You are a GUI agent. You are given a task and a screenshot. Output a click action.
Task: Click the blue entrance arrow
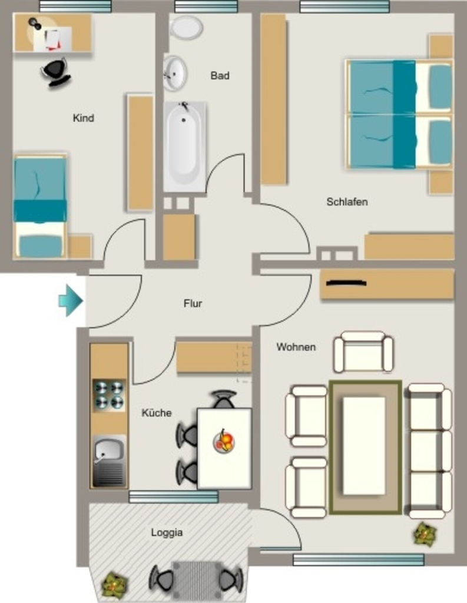[x=71, y=301]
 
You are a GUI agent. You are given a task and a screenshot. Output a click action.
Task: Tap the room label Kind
[x=84, y=118]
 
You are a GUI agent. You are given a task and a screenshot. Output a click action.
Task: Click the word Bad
[x=220, y=75]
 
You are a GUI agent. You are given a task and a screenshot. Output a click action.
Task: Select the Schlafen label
[x=347, y=201]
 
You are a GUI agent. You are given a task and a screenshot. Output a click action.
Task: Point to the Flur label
[x=193, y=303]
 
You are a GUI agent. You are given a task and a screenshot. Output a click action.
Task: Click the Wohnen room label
[x=296, y=347]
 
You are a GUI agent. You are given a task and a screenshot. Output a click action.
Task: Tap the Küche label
[x=156, y=413]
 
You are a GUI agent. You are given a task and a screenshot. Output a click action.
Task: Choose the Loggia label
[x=167, y=532]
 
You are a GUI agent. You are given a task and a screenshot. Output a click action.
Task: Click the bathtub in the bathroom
[x=184, y=147]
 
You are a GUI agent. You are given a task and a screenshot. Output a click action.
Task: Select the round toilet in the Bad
[x=186, y=27]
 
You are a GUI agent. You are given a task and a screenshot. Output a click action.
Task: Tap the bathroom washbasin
[x=175, y=73]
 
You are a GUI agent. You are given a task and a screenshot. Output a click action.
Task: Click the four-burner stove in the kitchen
[x=110, y=395]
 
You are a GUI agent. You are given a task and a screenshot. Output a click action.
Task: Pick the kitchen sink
[x=109, y=460]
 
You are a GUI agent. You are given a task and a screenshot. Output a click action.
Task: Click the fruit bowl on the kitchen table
[x=224, y=440]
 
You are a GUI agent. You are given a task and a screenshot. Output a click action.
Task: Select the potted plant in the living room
[x=425, y=534]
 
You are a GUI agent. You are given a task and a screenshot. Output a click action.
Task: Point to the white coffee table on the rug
[x=363, y=445]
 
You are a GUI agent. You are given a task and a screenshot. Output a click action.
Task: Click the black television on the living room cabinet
[x=346, y=283]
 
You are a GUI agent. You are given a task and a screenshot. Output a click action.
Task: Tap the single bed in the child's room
[x=41, y=207]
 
